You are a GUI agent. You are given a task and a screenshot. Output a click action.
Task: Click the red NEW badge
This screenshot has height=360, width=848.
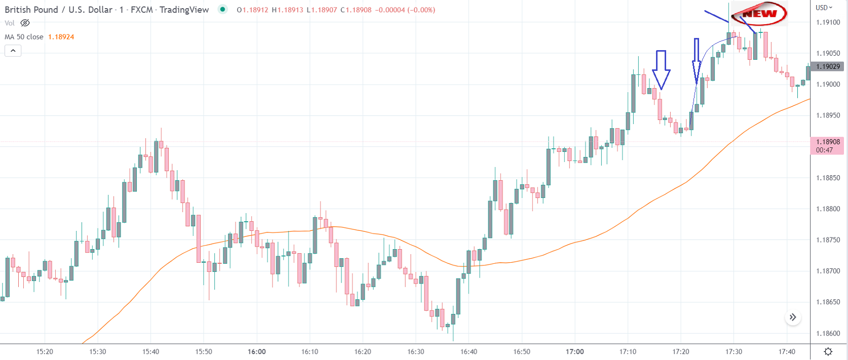pyautogui.click(x=759, y=14)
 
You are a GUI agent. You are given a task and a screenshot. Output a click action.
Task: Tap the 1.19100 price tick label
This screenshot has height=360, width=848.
pyautogui.click(x=828, y=22)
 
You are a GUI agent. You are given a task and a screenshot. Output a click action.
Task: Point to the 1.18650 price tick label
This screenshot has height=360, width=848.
pyautogui.click(x=828, y=302)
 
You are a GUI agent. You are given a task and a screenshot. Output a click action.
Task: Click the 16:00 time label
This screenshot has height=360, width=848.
pyautogui.click(x=257, y=351)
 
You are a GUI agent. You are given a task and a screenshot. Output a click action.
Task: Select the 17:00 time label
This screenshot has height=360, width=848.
pyautogui.click(x=575, y=351)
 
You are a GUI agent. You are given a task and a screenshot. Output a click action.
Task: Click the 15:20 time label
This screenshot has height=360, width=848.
pyautogui.click(x=45, y=351)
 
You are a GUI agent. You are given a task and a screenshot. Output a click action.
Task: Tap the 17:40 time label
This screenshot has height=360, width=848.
pyautogui.click(x=787, y=351)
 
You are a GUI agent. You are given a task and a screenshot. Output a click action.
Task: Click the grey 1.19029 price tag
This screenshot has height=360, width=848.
pyautogui.click(x=828, y=66)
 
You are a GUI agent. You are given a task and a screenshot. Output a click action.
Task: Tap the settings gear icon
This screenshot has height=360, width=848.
pyautogui.click(x=828, y=351)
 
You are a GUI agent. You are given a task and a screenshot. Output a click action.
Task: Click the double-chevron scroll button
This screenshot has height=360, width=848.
pyautogui.click(x=793, y=317)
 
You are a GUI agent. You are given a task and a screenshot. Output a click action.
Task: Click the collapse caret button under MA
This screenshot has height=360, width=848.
pyautogui.click(x=13, y=51)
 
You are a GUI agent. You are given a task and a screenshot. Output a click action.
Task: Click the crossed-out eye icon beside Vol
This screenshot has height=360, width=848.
pyautogui.click(x=25, y=23)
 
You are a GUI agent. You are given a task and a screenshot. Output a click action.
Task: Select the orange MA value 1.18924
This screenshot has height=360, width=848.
pyautogui.click(x=61, y=37)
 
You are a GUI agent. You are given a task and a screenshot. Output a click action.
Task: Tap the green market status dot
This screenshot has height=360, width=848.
pyautogui.click(x=222, y=9)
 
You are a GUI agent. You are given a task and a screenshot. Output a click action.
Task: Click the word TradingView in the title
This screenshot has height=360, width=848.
pyautogui.click(x=184, y=10)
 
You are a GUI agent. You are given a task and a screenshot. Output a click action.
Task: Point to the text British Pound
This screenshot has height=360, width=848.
pyautogui.click(x=31, y=10)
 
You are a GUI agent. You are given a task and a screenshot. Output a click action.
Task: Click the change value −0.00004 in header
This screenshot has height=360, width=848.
pyautogui.click(x=390, y=10)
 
